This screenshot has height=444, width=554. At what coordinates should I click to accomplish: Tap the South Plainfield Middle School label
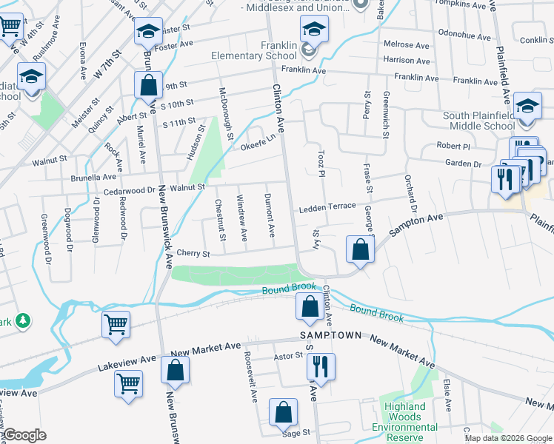(x=478, y=121)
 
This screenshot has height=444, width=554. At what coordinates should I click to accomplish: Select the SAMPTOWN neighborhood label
(x=330, y=335)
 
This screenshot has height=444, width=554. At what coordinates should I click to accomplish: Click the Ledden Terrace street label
(x=327, y=209)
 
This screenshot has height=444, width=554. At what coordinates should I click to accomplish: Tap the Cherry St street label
(x=193, y=253)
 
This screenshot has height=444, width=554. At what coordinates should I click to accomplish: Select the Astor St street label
(x=289, y=357)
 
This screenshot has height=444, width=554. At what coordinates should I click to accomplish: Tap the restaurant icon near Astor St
(x=321, y=366)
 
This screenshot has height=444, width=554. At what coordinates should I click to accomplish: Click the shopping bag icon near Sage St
(x=283, y=414)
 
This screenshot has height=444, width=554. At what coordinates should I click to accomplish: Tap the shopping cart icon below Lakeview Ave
(x=129, y=384)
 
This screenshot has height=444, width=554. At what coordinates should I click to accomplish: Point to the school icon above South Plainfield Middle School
(x=527, y=106)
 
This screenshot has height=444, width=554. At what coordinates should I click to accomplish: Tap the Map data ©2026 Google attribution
(x=508, y=438)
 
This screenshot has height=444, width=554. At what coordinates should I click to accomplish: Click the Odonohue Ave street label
(x=464, y=36)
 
